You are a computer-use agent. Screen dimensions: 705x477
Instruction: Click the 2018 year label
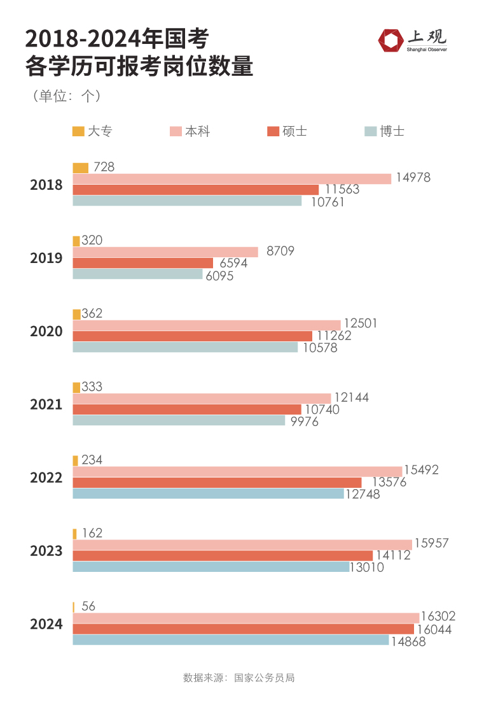coord(46,185)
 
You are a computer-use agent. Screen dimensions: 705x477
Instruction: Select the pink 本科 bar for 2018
coord(232,179)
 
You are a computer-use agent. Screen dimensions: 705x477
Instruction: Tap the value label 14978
coord(413,178)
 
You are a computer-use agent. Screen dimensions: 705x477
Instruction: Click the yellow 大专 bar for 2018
coord(81,168)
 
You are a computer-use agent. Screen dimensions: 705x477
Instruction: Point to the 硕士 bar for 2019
coord(143,263)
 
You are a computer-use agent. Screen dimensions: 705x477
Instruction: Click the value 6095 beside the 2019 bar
coord(219,276)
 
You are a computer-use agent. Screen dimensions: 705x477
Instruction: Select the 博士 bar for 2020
coord(185,347)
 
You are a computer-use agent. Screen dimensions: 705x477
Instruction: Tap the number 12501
coord(360,324)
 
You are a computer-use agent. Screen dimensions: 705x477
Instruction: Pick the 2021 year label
coord(46,404)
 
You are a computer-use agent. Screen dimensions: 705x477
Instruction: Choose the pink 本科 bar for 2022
coord(237,471)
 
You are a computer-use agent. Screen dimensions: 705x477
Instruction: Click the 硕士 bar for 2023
coord(223,555)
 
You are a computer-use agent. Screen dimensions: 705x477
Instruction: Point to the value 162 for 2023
coord(92,533)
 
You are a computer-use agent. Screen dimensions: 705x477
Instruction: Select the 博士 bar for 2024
coord(230,639)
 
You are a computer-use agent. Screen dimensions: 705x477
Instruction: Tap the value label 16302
coord(439,616)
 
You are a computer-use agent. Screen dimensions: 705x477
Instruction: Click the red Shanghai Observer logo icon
coord(390,40)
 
